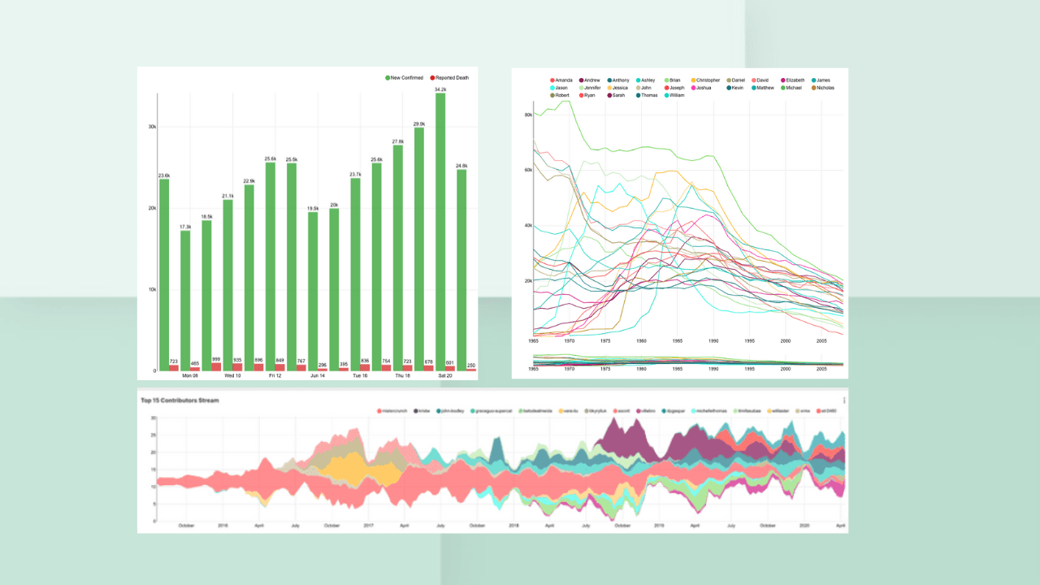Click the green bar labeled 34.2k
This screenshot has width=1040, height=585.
coord(440,232)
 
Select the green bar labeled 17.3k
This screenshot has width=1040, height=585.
coord(185,301)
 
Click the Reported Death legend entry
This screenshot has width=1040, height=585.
coord(452,78)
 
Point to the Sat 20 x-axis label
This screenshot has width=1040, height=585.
coord(445,376)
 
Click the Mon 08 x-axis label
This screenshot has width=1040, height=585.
coord(190,376)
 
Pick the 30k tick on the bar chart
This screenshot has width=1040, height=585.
coord(151,127)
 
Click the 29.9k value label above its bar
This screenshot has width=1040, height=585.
coord(419,124)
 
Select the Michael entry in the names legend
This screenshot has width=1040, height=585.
coord(793,88)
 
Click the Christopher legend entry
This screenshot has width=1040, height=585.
coord(708,80)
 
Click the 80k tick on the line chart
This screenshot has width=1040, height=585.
coord(527,115)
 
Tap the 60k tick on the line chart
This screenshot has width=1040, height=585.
coord(527,171)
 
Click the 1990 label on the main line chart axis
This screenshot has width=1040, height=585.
coord(713,341)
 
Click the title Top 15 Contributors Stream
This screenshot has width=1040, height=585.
coord(180,400)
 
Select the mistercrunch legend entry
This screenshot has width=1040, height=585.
coord(393,411)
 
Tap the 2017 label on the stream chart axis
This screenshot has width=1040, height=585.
coord(368,526)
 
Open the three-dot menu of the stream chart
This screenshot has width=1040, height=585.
coord(844,400)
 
